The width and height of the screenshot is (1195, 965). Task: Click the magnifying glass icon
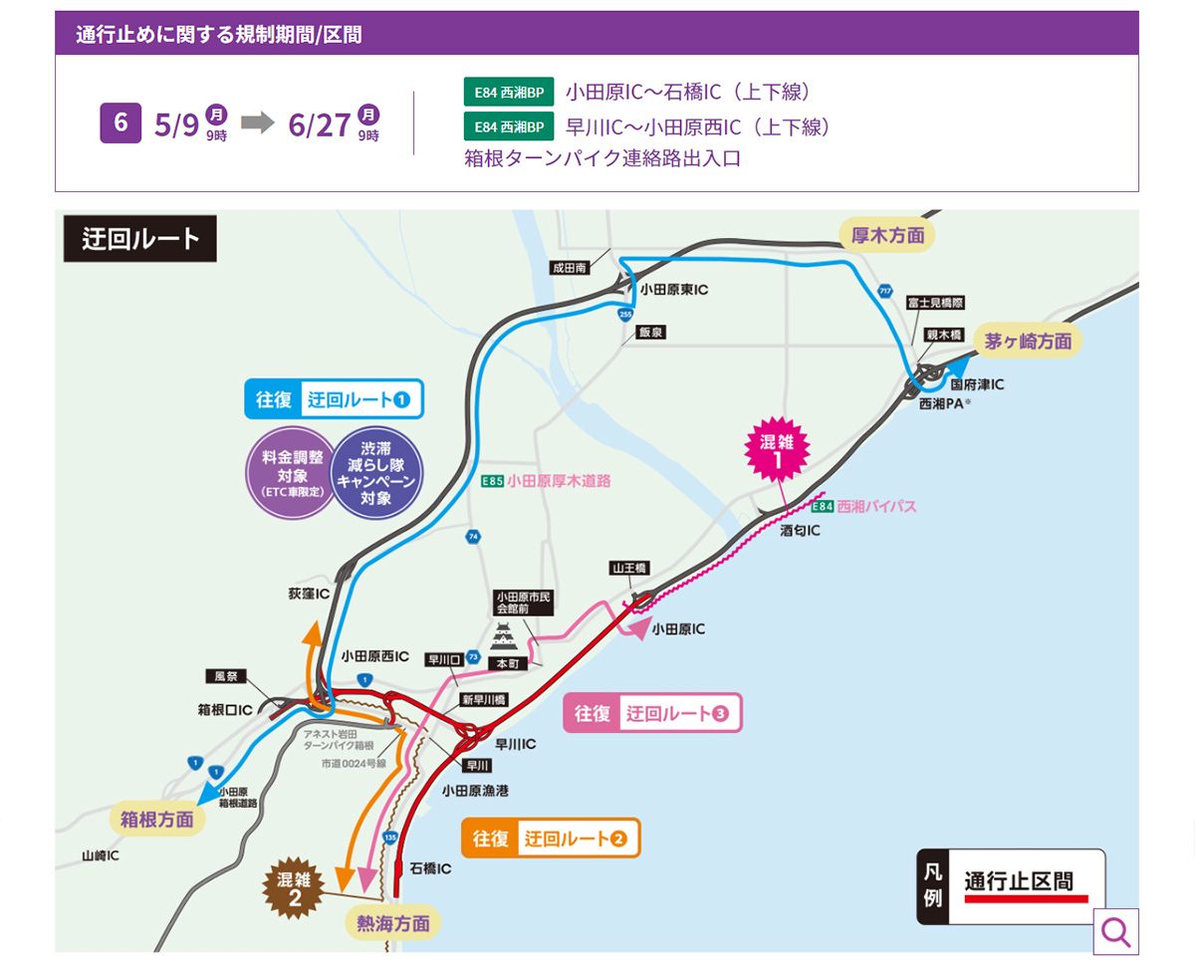pos(1115,932)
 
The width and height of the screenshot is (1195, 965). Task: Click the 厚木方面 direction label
pos(887,235)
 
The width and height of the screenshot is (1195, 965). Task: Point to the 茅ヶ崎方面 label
pos(1028,341)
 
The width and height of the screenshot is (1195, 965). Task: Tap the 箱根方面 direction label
pos(157,820)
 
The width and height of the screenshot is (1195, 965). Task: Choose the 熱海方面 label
pos(392,923)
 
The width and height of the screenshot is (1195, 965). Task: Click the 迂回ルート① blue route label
pos(335,399)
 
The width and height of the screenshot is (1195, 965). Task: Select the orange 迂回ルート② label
pos(550,839)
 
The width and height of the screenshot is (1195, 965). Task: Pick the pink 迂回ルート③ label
pos(653,713)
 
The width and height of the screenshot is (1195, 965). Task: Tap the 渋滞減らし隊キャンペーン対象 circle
pos(376,473)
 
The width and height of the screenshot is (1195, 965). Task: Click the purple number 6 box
pos(120,123)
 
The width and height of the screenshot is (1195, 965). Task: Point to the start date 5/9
pos(177,124)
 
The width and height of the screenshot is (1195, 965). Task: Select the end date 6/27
pos(319,124)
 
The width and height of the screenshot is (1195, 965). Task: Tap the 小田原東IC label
pos(673,290)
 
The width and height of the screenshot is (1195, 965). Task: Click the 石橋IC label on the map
pos(430,868)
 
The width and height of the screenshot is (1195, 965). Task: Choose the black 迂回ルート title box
pos(140,239)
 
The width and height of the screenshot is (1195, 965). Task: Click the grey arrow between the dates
pos(257,123)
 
